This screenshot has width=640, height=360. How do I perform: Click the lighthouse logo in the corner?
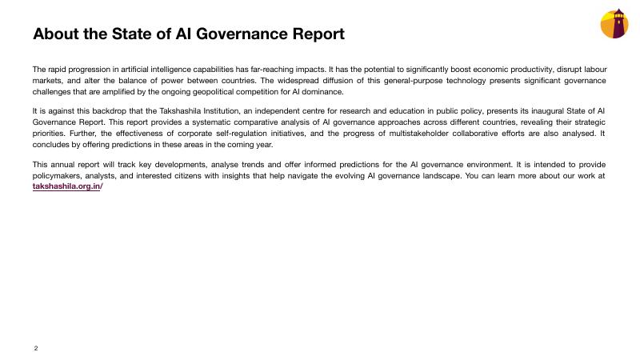(614, 24)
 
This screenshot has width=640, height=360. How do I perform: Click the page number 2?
(36, 348)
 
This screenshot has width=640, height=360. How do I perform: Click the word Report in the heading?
(313, 34)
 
